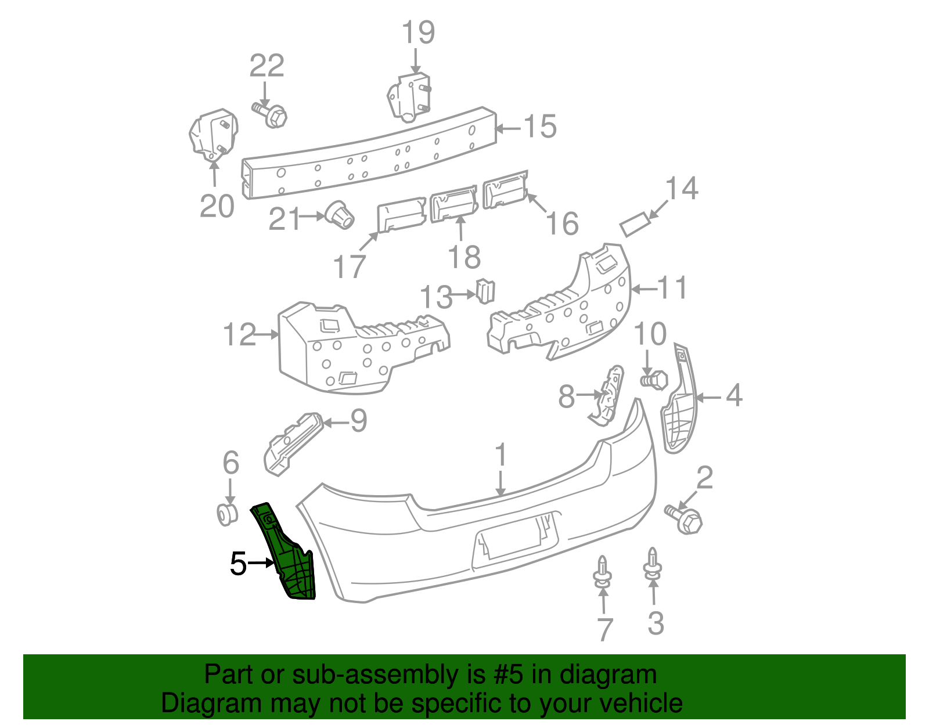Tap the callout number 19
pyautogui.click(x=418, y=33)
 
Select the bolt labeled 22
pyautogui.click(x=271, y=114)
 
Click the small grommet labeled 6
pyautogui.click(x=226, y=514)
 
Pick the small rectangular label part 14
pyautogui.click(x=635, y=224)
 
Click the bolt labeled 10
pyautogui.click(x=654, y=380)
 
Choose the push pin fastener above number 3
pyautogui.click(x=653, y=565)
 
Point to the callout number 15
pyautogui.click(x=540, y=127)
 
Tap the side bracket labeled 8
pyautogui.click(x=607, y=395)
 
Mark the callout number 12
pyautogui.click(x=240, y=334)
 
